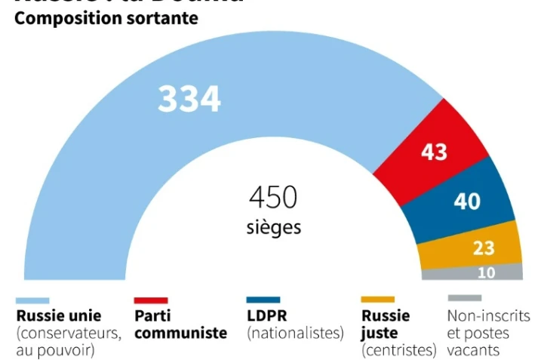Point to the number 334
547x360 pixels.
(189, 99)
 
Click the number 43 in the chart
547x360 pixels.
(434, 152)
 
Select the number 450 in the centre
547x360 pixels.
(273, 198)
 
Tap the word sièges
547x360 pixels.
(273, 226)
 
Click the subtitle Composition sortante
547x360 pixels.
(106, 18)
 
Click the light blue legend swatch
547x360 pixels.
(32, 300)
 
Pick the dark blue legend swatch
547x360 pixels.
(263, 300)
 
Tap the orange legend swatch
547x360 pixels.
(378, 300)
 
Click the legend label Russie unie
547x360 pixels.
(58, 315)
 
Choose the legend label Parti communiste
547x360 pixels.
(180, 324)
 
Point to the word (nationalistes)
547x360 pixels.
(295, 333)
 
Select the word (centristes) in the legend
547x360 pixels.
(399, 350)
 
